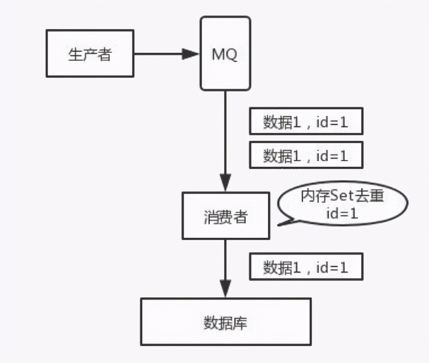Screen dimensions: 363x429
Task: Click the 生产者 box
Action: pyautogui.click(x=90, y=53)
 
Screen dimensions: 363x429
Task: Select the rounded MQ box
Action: pyautogui.click(x=225, y=53)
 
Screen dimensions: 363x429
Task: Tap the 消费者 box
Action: pyautogui.click(x=226, y=216)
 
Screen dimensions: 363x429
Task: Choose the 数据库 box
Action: pyautogui.click(x=226, y=322)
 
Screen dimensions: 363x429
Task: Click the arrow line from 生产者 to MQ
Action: pyautogui.click(x=158, y=54)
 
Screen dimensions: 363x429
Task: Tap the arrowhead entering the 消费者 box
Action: pyautogui.click(x=225, y=183)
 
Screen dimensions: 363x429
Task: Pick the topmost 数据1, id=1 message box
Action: pyautogui.click(x=306, y=121)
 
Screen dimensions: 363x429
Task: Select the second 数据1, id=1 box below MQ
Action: pyautogui.click(x=306, y=155)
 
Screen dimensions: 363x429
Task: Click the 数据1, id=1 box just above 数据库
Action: pyautogui.click(x=306, y=267)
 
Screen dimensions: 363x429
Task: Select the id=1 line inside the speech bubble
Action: pyautogui.click(x=342, y=214)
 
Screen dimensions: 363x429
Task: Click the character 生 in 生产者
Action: pyautogui.click(x=75, y=55)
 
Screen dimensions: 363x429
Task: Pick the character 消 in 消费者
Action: pyautogui.click(x=211, y=217)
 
